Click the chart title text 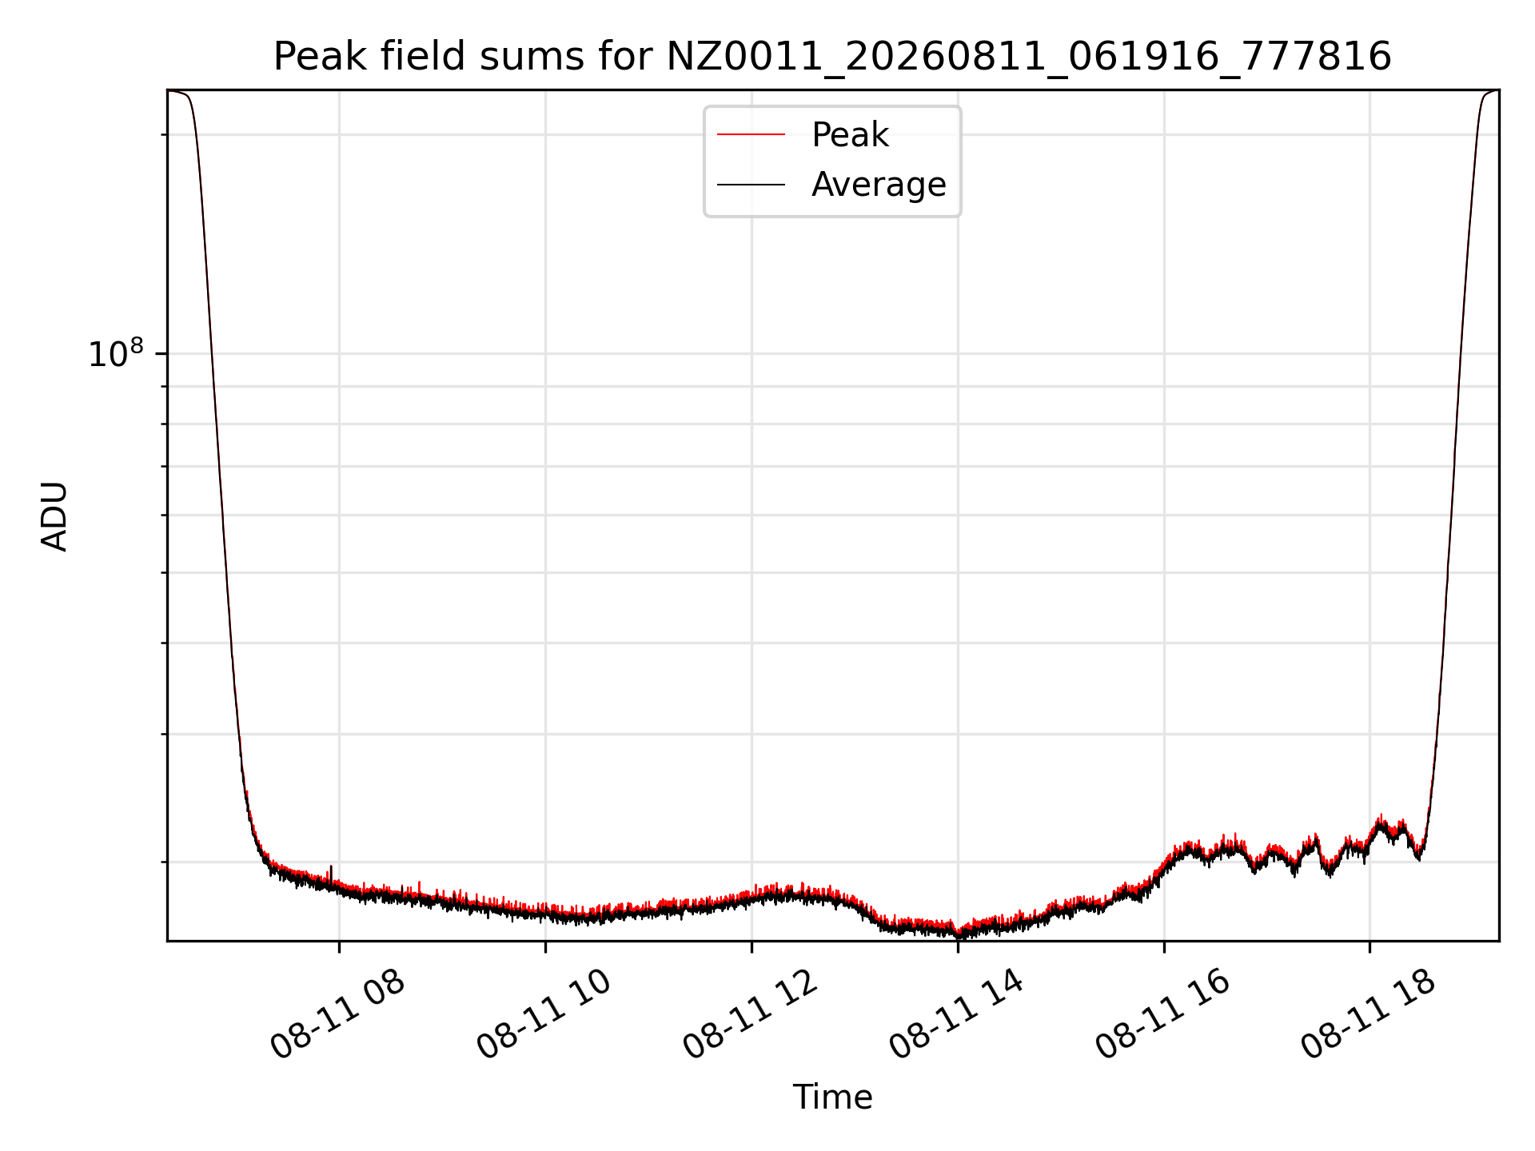[x=832, y=58]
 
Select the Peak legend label [x=850, y=135]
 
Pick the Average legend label [x=879, y=185]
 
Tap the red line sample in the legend [x=751, y=135]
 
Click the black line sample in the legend [x=751, y=185]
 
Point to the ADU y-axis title [x=54, y=516]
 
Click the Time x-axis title [x=832, y=1097]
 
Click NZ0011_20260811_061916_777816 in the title [x=1028, y=58]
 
